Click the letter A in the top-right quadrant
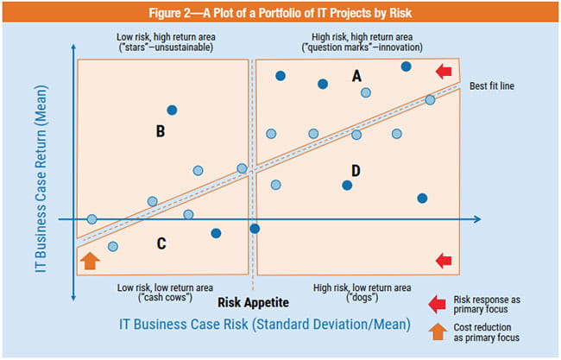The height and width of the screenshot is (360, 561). click(x=356, y=77)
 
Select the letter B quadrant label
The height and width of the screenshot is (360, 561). click(x=160, y=132)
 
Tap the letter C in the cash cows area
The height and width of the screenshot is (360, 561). click(x=161, y=244)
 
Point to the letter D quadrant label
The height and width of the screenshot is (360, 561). click(x=356, y=168)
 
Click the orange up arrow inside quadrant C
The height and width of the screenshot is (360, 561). click(x=90, y=259)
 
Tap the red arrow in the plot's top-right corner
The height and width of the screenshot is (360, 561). click(x=444, y=70)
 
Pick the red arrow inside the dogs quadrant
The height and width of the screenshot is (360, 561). click(x=444, y=260)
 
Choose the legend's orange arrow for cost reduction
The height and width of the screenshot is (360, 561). click(x=438, y=330)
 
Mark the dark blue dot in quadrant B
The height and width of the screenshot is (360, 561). click(x=173, y=110)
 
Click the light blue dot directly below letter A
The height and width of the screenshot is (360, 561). click(x=366, y=92)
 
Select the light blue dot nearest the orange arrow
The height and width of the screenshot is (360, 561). click(x=113, y=247)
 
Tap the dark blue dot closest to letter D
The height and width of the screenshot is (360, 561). click(x=347, y=185)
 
